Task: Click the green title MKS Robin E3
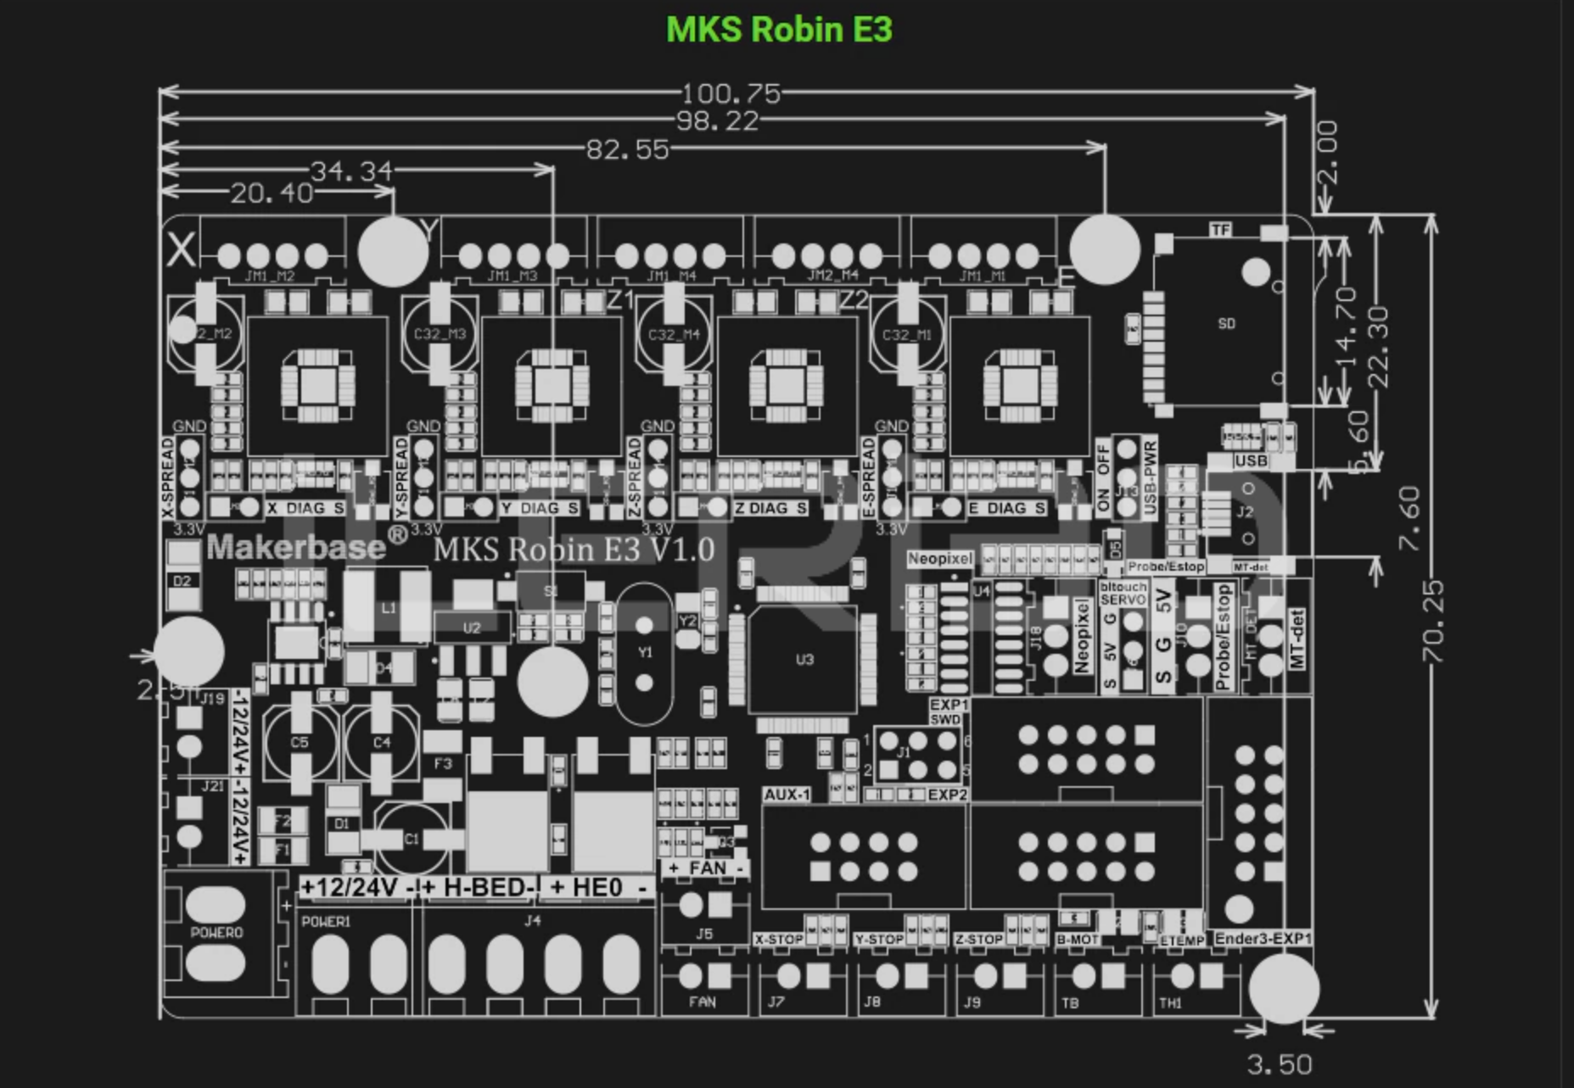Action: tap(779, 30)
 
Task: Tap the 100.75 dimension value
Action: tap(731, 94)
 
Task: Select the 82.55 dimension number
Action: tap(628, 150)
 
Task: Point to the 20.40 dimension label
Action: tap(272, 194)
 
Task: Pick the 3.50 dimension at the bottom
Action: tap(1280, 1064)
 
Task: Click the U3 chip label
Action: tap(804, 659)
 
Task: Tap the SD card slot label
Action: tap(1226, 324)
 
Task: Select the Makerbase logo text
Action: tap(296, 548)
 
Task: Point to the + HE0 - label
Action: tap(597, 888)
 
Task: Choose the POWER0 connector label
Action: tap(216, 933)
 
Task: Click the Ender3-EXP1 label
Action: tap(1263, 939)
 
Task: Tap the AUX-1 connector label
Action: tap(787, 795)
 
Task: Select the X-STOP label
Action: tap(778, 940)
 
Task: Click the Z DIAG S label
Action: tap(770, 508)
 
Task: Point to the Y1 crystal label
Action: tap(645, 652)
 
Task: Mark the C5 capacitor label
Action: tap(300, 742)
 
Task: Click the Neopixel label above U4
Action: tap(939, 559)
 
